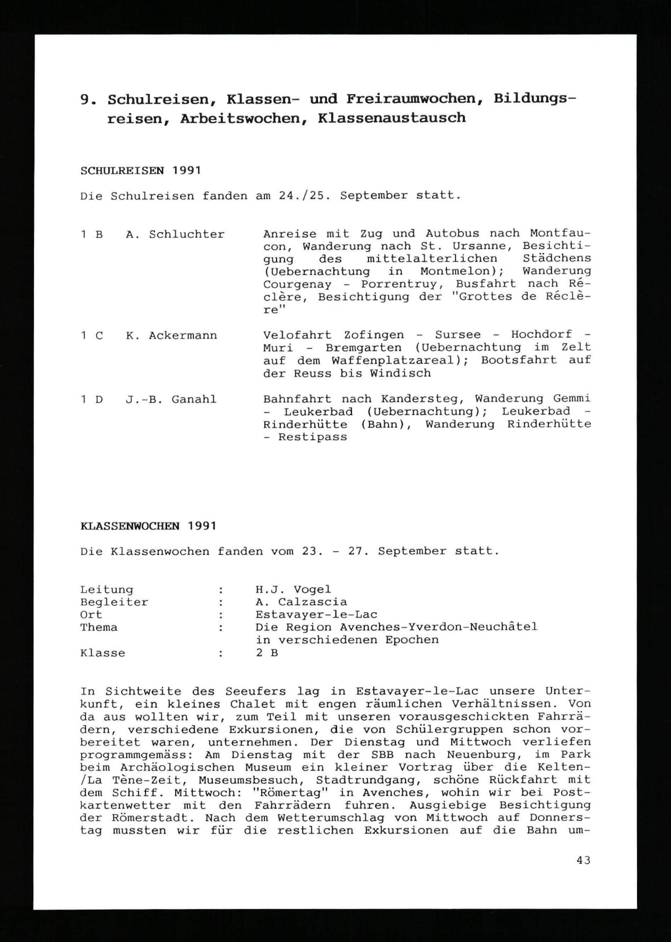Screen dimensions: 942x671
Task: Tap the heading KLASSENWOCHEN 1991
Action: pyautogui.click(x=148, y=526)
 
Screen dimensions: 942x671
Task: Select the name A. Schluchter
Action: pyautogui.click(x=175, y=234)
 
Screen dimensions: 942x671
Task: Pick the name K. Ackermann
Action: pyautogui.click(x=171, y=335)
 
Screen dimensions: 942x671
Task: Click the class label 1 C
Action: pyautogui.click(x=92, y=335)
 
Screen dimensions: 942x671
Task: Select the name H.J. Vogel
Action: pyautogui.click(x=293, y=590)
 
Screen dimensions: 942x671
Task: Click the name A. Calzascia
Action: pyautogui.click(x=301, y=602)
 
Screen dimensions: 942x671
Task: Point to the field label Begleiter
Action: pyautogui.click(x=114, y=602)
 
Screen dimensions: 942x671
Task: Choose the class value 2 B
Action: pyautogui.click(x=266, y=653)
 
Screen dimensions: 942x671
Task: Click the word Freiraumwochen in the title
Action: pyautogui.click(x=414, y=99)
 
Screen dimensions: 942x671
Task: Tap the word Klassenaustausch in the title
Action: pyautogui.click(x=392, y=118)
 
